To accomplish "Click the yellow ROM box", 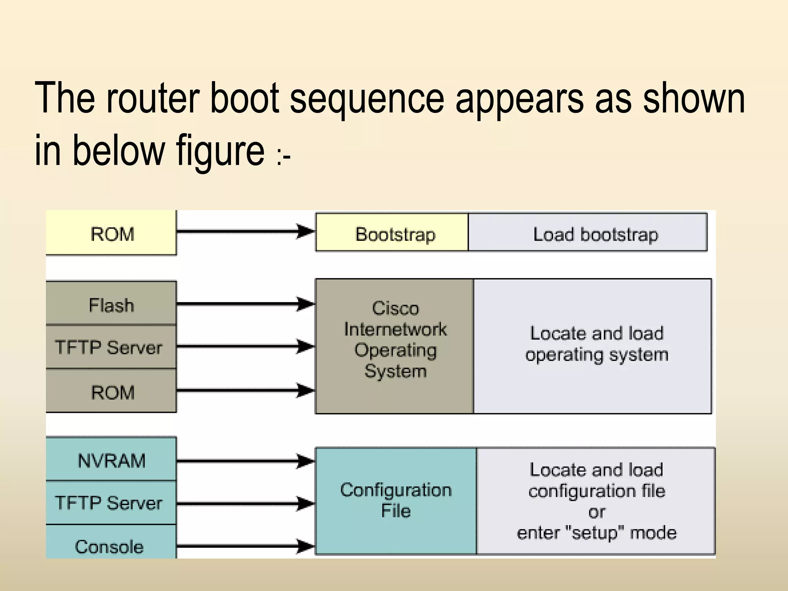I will pos(112,233).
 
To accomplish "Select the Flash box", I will pos(112,304).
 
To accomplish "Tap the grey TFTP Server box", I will pos(110,347).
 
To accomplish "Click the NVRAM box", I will pos(112,460).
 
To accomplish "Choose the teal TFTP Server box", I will pos(110,503).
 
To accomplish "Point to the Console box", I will pos(110,546).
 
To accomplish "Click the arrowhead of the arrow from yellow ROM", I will pos(306,231).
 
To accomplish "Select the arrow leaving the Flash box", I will pos(239,304).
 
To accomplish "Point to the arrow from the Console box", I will pos(239,546).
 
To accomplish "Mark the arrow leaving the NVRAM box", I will pos(239,460).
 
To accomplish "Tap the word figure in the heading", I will pos(220,151).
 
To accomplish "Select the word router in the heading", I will pos(153,98).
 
